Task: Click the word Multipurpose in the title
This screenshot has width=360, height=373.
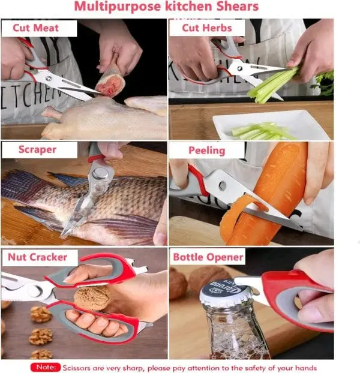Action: (x=118, y=7)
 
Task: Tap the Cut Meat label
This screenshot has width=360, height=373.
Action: (x=35, y=28)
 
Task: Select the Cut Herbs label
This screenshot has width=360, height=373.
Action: (x=207, y=28)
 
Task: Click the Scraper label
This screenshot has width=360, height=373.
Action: (x=37, y=150)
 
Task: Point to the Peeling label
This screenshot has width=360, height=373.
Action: (x=207, y=151)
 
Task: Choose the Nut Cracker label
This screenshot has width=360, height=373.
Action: (x=38, y=257)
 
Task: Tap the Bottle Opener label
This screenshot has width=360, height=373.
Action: (x=208, y=257)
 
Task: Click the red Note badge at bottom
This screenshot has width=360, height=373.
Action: (x=45, y=367)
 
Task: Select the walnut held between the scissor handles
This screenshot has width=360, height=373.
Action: (x=92, y=298)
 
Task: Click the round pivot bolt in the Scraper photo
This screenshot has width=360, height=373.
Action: (x=100, y=173)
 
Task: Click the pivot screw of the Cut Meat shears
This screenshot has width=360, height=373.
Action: (x=49, y=79)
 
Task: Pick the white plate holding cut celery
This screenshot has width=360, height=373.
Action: (x=271, y=125)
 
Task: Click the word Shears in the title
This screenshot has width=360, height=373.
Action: (x=237, y=7)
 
